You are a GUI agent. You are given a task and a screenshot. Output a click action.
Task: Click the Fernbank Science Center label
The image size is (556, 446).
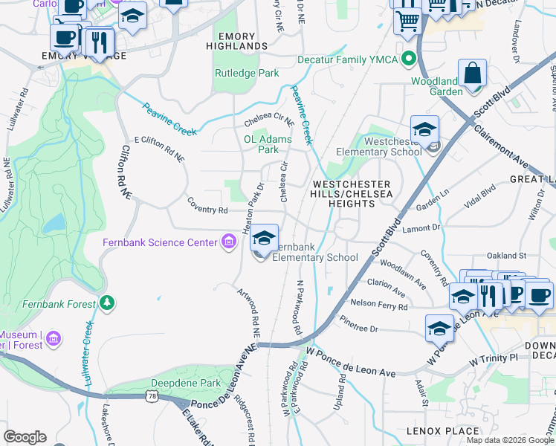159,243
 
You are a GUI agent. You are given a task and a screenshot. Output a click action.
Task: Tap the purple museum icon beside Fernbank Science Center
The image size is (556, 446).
228,242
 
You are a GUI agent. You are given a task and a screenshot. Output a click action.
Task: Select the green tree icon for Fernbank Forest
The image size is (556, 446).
108,303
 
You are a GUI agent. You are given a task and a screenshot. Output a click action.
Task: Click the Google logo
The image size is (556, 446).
25,437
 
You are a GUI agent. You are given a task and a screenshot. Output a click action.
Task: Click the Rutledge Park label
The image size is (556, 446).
241,73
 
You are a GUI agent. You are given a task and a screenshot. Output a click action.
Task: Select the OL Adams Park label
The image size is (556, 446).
268,143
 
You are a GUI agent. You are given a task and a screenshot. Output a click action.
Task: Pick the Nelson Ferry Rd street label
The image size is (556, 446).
379,306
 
